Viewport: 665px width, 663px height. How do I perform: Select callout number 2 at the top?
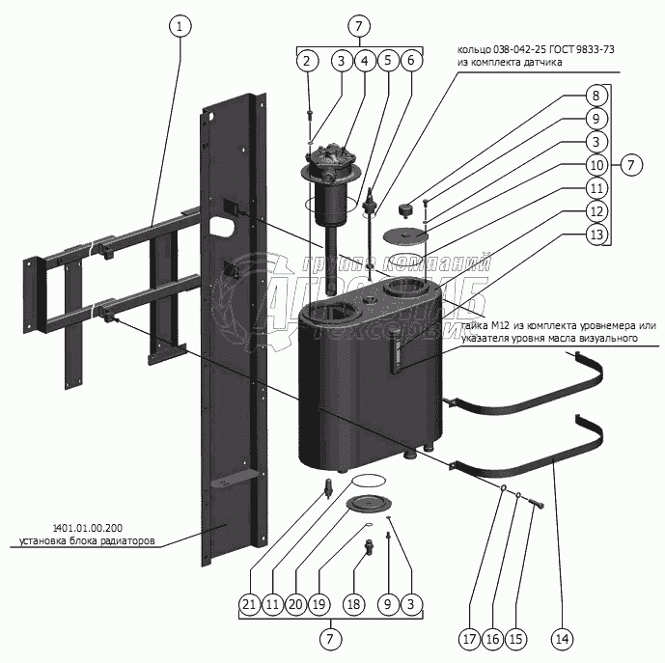(x=307, y=61)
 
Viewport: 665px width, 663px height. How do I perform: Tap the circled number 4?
(x=364, y=61)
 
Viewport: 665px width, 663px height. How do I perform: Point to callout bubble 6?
(x=410, y=61)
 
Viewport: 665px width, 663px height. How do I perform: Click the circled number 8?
(x=596, y=95)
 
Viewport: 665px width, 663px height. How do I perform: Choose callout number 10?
(x=596, y=165)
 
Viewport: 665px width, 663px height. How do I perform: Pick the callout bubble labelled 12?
(x=596, y=211)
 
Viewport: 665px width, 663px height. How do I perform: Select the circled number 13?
(x=596, y=235)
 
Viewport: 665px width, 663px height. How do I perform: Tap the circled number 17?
(x=469, y=637)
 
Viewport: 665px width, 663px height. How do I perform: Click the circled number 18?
(x=353, y=605)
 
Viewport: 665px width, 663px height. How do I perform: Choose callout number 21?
(x=250, y=605)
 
